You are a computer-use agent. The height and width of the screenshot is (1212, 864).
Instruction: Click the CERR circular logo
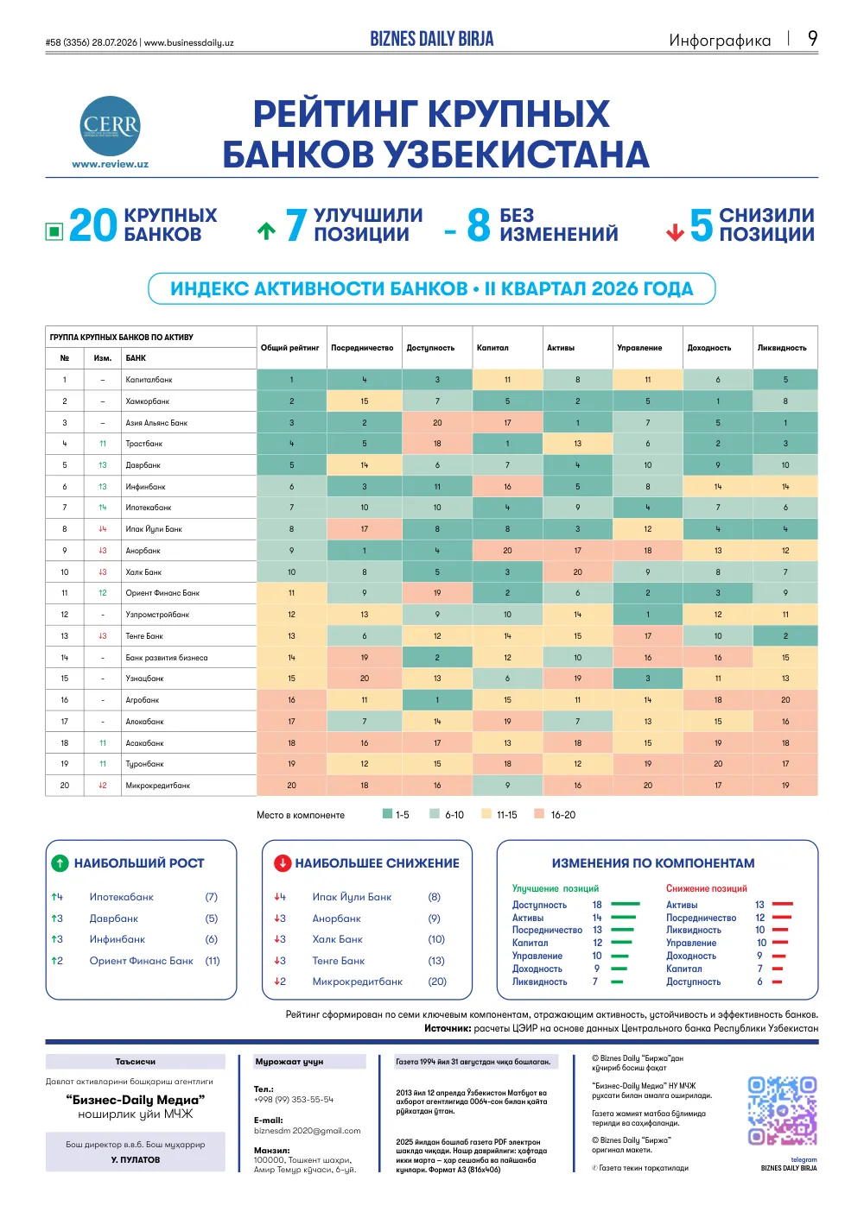[x=110, y=126]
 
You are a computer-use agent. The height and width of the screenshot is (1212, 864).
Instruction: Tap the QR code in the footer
[x=782, y=1111]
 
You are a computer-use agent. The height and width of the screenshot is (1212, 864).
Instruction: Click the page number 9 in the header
[x=812, y=39]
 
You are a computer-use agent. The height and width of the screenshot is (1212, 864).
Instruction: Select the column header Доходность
[x=708, y=348]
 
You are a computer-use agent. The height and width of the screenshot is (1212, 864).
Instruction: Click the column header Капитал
[x=492, y=348]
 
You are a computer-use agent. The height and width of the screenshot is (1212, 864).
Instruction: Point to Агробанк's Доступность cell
[x=437, y=699]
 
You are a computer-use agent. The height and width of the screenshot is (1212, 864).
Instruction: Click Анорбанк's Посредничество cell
[x=364, y=550]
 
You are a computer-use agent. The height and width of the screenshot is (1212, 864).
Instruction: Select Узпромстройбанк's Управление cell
[x=647, y=614]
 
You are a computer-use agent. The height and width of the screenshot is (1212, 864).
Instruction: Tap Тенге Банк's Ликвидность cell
[x=785, y=635]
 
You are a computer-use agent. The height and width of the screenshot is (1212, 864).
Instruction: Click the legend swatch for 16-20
[x=538, y=813]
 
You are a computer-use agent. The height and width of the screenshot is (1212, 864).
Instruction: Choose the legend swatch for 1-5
[x=387, y=813]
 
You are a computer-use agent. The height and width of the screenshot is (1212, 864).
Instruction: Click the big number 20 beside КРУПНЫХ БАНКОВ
[x=92, y=225]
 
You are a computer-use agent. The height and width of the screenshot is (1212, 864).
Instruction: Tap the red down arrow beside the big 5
[x=675, y=233]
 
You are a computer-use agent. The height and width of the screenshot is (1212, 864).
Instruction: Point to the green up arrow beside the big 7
[x=266, y=231]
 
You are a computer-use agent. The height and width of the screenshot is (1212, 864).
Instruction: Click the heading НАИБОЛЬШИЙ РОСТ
[x=139, y=863]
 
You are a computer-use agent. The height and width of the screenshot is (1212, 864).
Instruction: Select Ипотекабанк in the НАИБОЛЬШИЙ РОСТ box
[x=121, y=897]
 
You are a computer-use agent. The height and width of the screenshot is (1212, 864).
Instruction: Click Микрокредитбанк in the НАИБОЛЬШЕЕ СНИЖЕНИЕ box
[x=357, y=981]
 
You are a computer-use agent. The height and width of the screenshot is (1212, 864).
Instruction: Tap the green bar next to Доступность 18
[x=626, y=904]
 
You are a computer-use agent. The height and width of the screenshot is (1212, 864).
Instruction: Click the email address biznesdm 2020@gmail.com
[x=307, y=1130]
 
